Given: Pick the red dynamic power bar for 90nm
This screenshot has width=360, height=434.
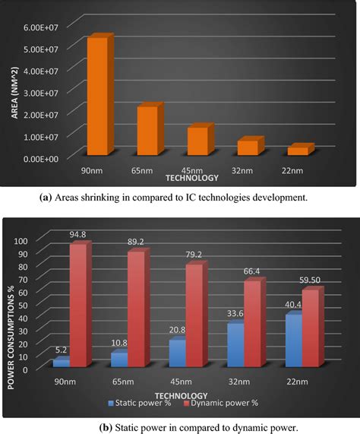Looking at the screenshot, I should point(80,304).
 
